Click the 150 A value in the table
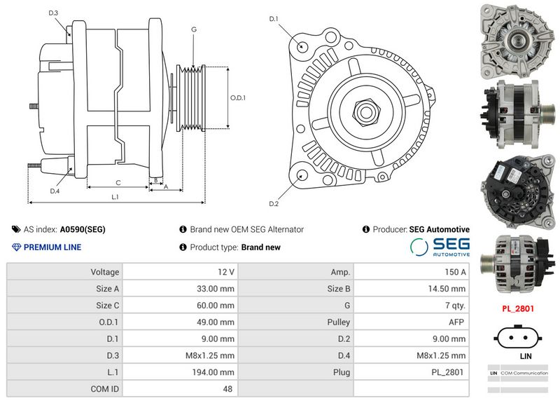pyautogui.click(x=455, y=272)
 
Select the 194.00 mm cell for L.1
pyautogui.click(x=213, y=372)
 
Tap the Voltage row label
pyautogui.click(x=104, y=272)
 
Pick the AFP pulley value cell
pyautogui.click(x=456, y=322)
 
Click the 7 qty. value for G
pyautogui.click(x=455, y=306)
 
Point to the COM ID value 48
pyautogui.click(x=227, y=389)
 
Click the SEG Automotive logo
pyautogui.click(x=440, y=247)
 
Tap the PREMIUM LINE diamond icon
pyautogui.click(x=16, y=247)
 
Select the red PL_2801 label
pyautogui.click(x=518, y=308)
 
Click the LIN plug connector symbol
pyautogui.click(x=518, y=337)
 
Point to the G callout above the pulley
pyautogui.click(x=194, y=29)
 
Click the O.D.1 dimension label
pyautogui.click(x=238, y=97)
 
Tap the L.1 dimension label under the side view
pyautogui.click(x=115, y=197)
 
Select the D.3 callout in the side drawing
pyautogui.click(x=53, y=13)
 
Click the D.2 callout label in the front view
pyautogui.click(x=274, y=204)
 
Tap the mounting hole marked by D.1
pyautogui.click(x=302, y=46)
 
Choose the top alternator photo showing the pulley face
pyautogui.click(x=517, y=41)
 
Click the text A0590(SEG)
pyautogui.click(x=83, y=230)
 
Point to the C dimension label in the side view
pyautogui.click(x=118, y=183)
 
